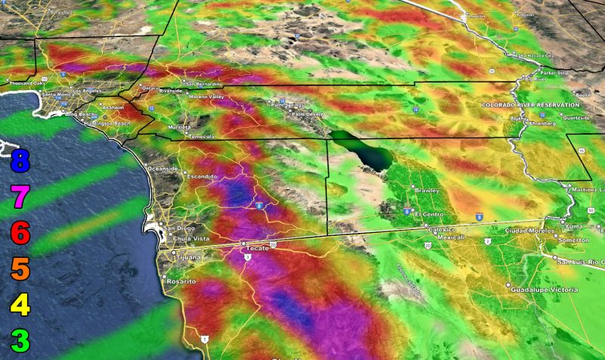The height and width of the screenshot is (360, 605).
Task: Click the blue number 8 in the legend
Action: (20, 161)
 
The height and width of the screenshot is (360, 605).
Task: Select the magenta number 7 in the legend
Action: (20, 197)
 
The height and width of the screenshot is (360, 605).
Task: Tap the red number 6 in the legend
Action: (20, 234)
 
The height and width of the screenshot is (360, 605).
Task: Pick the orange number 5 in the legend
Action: (20, 269)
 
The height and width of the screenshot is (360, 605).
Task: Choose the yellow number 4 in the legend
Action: (20, 306)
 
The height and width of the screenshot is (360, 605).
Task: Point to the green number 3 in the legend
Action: (20, 341)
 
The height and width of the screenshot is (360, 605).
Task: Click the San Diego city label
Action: (180, 228)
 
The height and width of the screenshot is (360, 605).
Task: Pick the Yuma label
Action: (577, 225)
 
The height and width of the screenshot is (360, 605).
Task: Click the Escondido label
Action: (203, 176)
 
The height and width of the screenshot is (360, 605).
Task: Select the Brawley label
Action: (428, 190)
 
